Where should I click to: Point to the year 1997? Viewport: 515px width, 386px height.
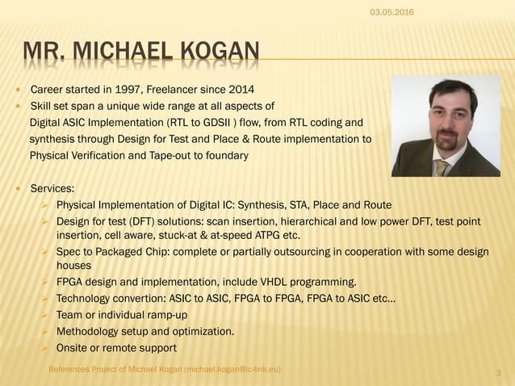click(x=124, y=89)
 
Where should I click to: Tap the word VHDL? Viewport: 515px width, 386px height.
click(x=278, y=282)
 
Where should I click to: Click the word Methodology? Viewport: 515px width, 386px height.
click(x=89, y=331)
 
